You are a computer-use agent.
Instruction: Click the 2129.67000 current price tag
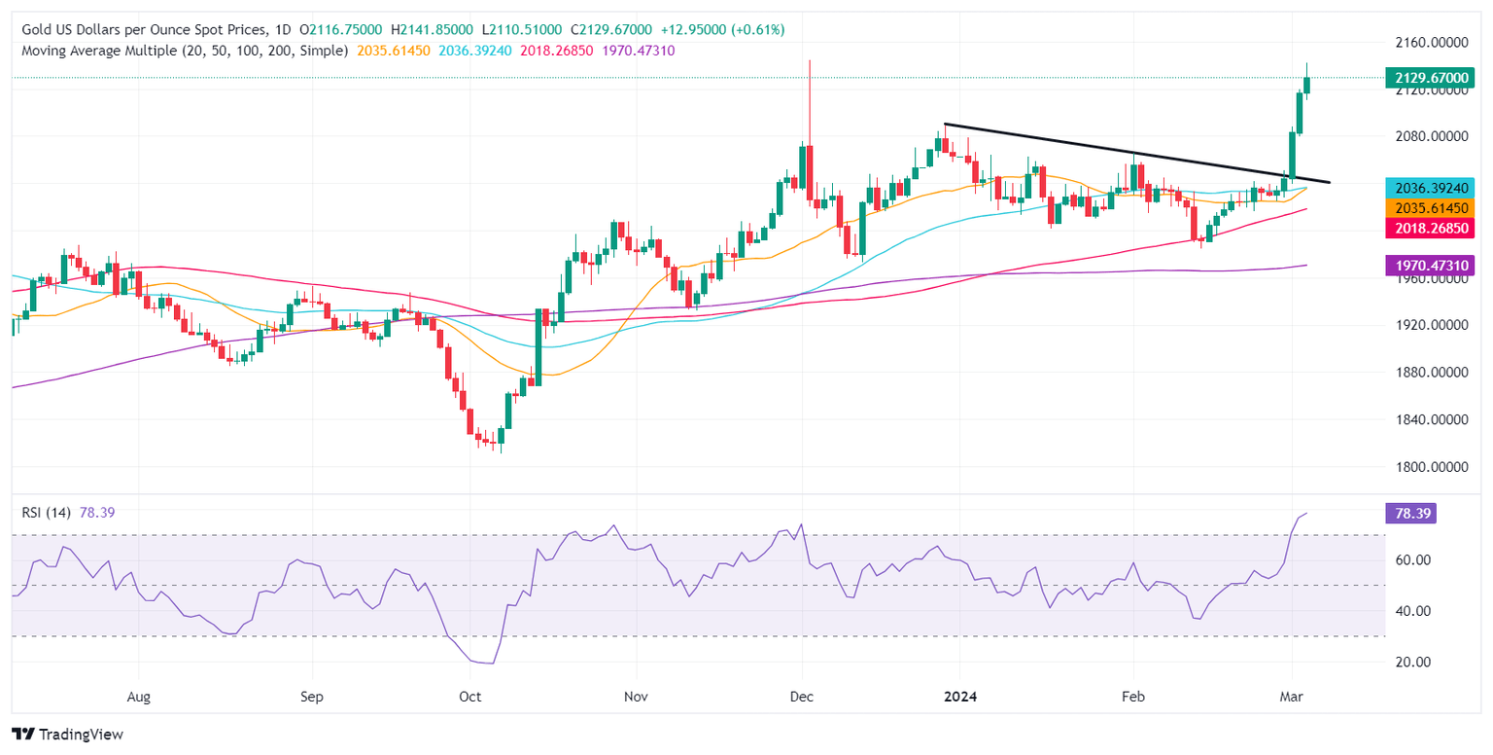(x=1429, y=77)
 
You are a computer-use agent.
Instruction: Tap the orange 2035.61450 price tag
(x=1429, y=207)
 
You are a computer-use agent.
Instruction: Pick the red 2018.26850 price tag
(x=1429, y=229)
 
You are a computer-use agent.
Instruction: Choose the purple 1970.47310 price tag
(x=1429, y=265)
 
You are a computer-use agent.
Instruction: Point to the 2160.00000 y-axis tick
(x=1429, y=43)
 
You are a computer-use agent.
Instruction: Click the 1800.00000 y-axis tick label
(x=1429, y=467)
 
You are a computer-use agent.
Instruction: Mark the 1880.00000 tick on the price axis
(x=1429, y=373)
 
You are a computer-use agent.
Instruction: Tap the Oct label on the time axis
(x=469, y=697)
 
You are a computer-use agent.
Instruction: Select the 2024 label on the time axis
(x=959, y=697)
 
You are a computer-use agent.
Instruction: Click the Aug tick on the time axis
(x=139, y=697)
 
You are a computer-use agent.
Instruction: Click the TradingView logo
(x=68, y=734)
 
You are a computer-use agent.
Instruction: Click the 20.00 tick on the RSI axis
(x=1406, y=662)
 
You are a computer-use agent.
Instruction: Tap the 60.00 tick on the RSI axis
(x=1406, y=560)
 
